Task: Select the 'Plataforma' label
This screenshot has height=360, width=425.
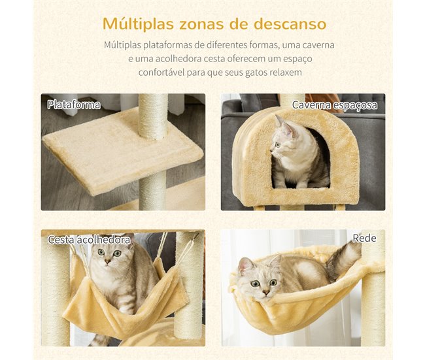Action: point(74,105)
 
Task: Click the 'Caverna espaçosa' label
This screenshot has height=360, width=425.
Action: point(334,105)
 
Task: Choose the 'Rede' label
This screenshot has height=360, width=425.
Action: point(364,238)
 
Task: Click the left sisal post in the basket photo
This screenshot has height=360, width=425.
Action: point(56,294)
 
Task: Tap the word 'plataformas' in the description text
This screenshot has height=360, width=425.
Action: point(173,45)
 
